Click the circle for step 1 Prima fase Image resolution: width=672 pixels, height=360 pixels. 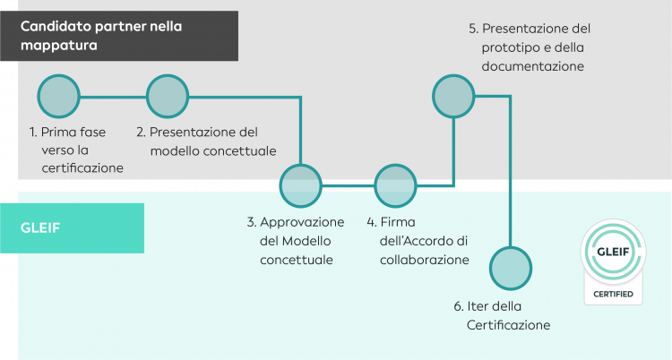[x=58, y=95]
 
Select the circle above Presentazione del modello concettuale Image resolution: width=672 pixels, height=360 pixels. [x=168, y=95]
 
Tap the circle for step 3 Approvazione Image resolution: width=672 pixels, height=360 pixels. [x=301, y=185]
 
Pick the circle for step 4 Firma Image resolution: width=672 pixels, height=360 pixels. [x=394, y=185]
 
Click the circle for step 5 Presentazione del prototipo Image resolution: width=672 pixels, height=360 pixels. [x=454, y=95]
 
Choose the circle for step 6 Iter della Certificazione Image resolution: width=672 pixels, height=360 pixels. [x=511, y=267]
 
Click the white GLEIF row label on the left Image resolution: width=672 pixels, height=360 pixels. [x=39, y=227]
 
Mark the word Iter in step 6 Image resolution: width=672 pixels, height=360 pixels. [x=478, y=305]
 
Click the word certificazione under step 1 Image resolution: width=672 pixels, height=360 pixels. [x=82, y=167]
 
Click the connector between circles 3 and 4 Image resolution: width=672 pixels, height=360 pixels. [x=348, y=186]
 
